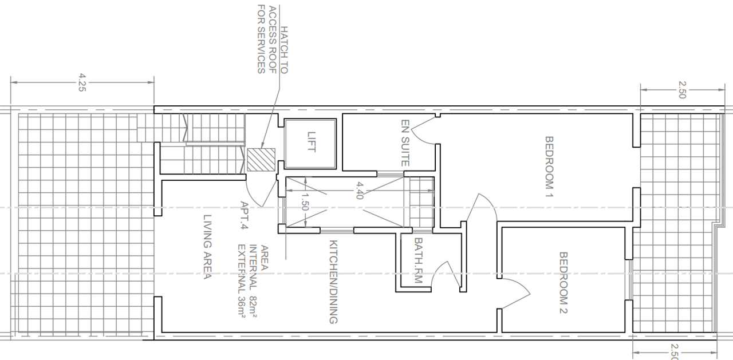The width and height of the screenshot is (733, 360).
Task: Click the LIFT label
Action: [x=312, y=141]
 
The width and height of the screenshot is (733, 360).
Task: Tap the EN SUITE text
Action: [x=405, y=143]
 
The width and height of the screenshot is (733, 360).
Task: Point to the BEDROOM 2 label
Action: [x=563, y=283]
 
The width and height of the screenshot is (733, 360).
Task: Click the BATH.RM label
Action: [x=419, y=260]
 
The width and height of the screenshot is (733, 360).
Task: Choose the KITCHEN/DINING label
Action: [x=333, y=282]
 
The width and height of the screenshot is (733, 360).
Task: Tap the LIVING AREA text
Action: [x=208, y=247]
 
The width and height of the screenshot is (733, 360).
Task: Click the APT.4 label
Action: [x=244, y=215]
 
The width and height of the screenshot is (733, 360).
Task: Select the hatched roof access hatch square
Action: [x=261, y=160]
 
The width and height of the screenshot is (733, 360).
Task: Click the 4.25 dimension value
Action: [x=82, y=82]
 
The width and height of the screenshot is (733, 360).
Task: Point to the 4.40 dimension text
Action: [x=359, y=191]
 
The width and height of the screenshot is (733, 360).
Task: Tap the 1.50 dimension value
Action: [x=305, y=201]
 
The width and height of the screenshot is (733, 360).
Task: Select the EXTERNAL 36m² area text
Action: [x=242, y=281]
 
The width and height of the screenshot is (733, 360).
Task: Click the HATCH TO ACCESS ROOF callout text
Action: [x=273, y=39]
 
